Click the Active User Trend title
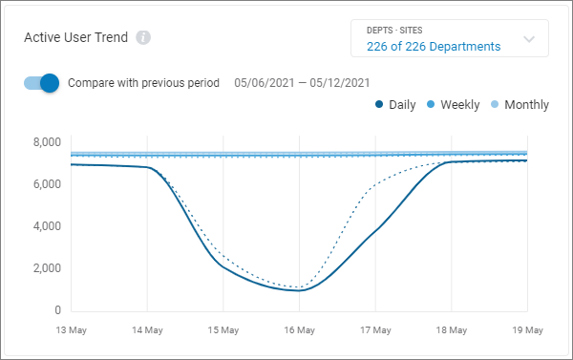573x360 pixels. click(77, 38)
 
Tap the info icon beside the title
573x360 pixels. click(143, 38)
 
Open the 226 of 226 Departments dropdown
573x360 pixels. click(434, 46)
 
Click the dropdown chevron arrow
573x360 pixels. click(529, 40)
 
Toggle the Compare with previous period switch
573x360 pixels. click(42, 82)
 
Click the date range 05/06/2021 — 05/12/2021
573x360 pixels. click(302, 82)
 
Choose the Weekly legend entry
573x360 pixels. click(453, 104)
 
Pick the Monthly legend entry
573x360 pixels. click(520, 104)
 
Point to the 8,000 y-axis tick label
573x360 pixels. click(46, 142)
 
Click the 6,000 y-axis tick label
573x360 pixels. click(46, 184)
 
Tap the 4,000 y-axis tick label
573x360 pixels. click(46, 226)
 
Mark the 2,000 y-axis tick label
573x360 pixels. click(46, 268)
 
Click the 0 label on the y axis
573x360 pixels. click(57, 310)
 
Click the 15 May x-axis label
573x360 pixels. click(223, 329)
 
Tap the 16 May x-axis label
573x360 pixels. click(299, 329)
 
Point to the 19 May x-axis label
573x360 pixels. click(527, 329)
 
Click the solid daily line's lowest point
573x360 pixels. click(299, 290)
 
